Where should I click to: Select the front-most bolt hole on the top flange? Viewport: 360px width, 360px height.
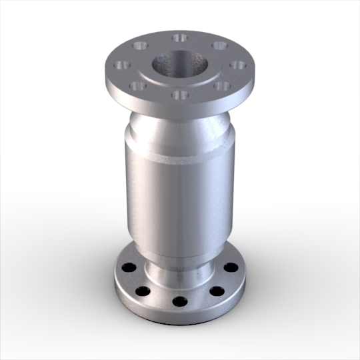click(x=178, y=94)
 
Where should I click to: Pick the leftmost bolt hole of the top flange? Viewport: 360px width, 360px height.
click(x=122, y=65)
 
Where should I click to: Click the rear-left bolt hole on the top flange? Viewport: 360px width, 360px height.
click(x=139, y=46)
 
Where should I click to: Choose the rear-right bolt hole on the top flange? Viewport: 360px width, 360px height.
click(x=219, y=46)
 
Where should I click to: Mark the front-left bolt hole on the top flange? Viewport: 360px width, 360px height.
click(x=139, y=85)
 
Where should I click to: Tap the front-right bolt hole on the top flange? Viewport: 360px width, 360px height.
click(x=219, y=85)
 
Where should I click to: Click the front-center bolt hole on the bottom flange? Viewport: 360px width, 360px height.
click(x=178, y=301)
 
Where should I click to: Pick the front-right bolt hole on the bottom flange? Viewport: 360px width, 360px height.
click(x=217, y=291)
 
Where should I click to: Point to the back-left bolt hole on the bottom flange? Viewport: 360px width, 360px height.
click(x=129, y=267)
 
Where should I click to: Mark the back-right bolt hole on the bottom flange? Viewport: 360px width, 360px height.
click(x=230, y=267)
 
